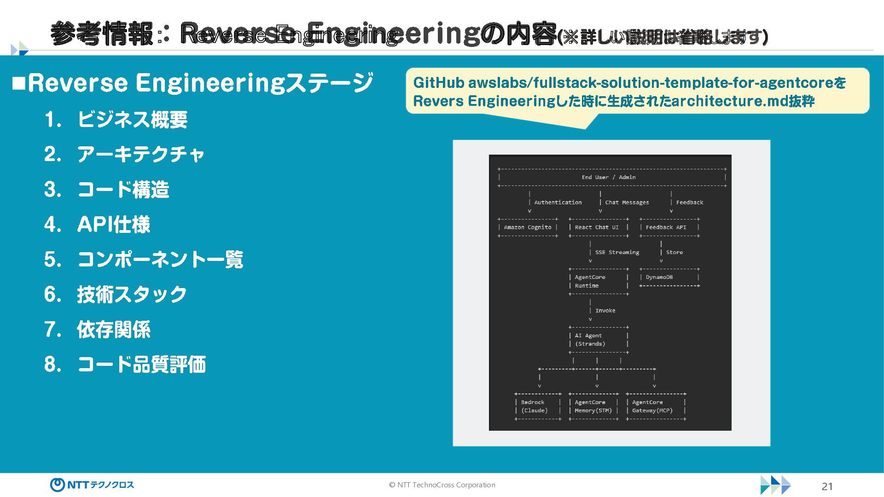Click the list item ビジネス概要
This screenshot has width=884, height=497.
point(132,120)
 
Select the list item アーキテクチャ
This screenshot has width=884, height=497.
point(140,155)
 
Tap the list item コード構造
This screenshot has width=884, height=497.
point(123,190)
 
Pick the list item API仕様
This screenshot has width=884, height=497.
point(114,225)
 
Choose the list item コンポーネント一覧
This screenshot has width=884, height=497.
point(160,260)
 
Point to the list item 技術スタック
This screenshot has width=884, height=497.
point(132,295)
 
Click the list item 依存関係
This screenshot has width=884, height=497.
point(114,329)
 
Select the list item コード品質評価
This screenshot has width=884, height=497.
point(141,364)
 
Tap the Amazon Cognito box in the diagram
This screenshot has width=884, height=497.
point(528,227)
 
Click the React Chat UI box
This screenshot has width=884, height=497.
point(598,227)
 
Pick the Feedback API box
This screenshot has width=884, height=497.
point(669,227)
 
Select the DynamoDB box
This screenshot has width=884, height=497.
point(669,277)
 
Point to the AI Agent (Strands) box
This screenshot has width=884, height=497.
point(598,340)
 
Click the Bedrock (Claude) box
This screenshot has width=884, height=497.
point(538,406)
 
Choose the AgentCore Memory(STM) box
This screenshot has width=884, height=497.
point(594,406)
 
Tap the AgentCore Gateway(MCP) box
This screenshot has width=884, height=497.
point(656,406)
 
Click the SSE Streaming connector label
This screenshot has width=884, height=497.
point(617,252)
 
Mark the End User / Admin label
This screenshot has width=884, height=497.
point(609,177)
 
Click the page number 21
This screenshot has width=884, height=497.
point(827,486)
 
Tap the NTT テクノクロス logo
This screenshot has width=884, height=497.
point(92,485)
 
